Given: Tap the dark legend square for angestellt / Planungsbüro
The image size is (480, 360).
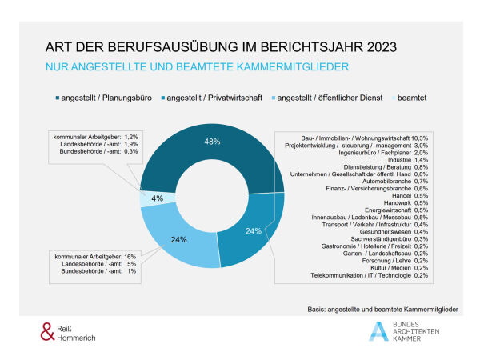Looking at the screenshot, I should coord(58,98).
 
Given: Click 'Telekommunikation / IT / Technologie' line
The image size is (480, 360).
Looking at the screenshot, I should coord(368,276).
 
